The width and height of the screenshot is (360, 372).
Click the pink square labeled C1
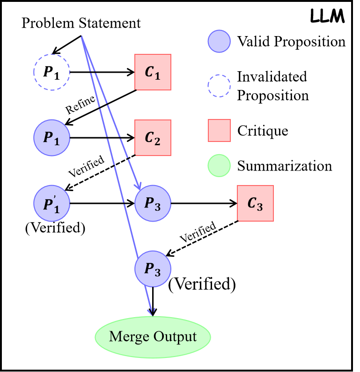tap(153, 72)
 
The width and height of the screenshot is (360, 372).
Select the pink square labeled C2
tap(153, 138)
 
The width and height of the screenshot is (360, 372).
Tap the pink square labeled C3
tap(255, 203)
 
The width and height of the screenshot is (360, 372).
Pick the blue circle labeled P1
tap(51, 138)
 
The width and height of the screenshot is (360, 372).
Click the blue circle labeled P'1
tap(51, 203)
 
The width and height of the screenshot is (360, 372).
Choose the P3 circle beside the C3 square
tap(153, 203)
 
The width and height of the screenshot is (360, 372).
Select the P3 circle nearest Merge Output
tap(153, 269)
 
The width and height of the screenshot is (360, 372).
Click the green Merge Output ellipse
tap(153, 337)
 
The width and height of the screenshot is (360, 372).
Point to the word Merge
tap(128, 337)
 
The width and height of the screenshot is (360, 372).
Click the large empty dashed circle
tap(51, 72)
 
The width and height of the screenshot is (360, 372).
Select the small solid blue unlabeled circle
tap(219, 41)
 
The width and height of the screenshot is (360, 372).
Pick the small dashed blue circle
tap(219, 86)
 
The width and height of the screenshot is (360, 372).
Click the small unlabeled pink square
tap(219, 130)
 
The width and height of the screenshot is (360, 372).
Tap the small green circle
tap(219, 166)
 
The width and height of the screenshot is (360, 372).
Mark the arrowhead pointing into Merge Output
tap(151, 312)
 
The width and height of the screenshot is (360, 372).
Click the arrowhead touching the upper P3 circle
tap(138, 186)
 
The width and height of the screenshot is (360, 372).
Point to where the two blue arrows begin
tap(81, 36)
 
